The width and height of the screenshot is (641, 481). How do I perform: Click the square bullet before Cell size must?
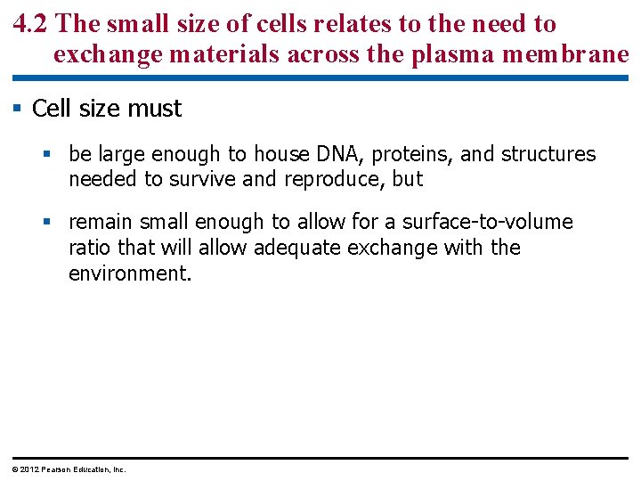coord(17,109)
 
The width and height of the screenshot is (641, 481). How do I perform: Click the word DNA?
coord(339,154)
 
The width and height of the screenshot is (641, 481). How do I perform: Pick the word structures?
coord(548,154)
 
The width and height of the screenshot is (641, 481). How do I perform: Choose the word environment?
coord(128,273)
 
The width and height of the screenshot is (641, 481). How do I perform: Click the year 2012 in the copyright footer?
coord(29,469)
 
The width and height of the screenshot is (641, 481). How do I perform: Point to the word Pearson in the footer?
coord(57,469)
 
